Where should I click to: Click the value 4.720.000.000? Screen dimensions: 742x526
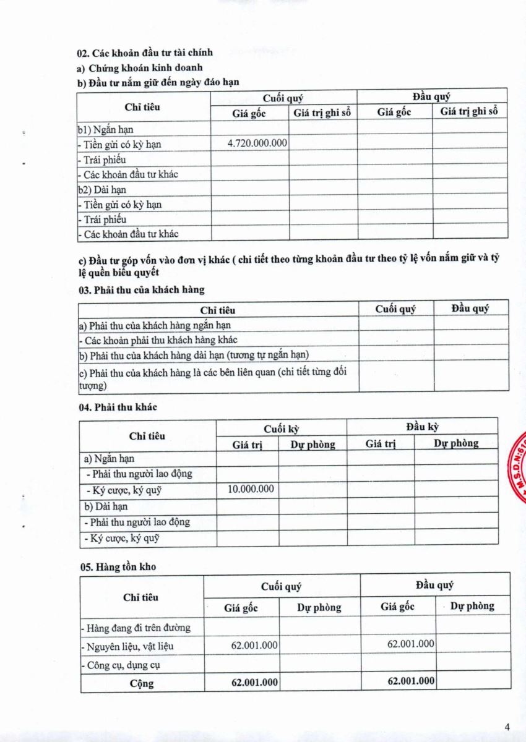coord(257,143)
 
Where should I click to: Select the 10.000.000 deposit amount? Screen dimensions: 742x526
coord(251,489)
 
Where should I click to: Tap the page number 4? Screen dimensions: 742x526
coord(507,727)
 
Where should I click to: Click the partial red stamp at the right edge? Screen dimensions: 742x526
coord(517,467)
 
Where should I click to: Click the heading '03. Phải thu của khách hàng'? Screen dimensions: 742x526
coord(141,289)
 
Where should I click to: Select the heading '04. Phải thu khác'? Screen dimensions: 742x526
coord(118,407)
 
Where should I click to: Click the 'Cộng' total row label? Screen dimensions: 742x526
coord(142,683)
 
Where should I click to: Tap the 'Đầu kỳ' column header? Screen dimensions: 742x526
coord(423,427)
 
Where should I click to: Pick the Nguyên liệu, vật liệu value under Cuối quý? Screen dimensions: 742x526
coord(254,645)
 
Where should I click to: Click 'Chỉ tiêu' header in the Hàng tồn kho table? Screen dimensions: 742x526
coord(141,597)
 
